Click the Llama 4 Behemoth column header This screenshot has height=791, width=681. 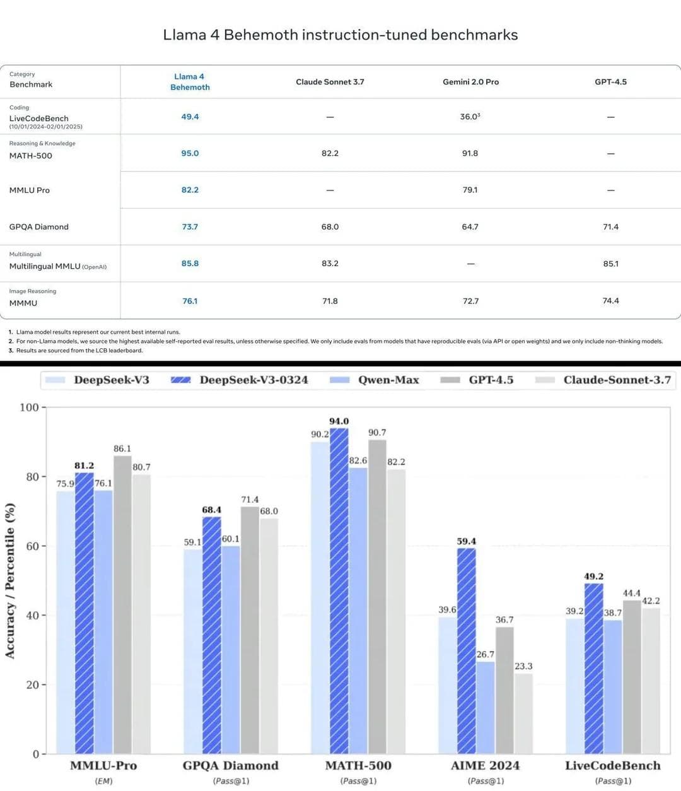(x=190, y=82)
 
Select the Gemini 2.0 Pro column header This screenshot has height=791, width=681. (x=470, y=82)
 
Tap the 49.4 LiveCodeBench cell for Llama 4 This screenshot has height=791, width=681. (x=190, y=117)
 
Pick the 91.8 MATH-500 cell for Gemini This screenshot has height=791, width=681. (x=470, y=153)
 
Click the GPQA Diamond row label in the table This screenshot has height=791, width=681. (x=39, y=227)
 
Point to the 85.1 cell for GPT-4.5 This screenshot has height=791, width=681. (x=610, y=264)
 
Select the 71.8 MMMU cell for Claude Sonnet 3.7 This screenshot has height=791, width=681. (x=330, y=301)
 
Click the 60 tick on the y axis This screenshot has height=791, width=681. (x=32, y=546)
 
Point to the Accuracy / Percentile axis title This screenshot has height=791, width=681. (x=10, y=580)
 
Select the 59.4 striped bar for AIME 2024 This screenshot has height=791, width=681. (x=467, y=650)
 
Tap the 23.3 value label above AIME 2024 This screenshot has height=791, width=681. (x=523, y=666)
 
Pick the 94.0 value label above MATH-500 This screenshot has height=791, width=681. (x=339, y=421)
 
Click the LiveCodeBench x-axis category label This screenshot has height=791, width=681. (x=613, y=766)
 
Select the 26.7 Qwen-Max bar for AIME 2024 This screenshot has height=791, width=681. (x=486, y=707)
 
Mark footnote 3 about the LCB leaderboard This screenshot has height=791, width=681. (x=76, y=351)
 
